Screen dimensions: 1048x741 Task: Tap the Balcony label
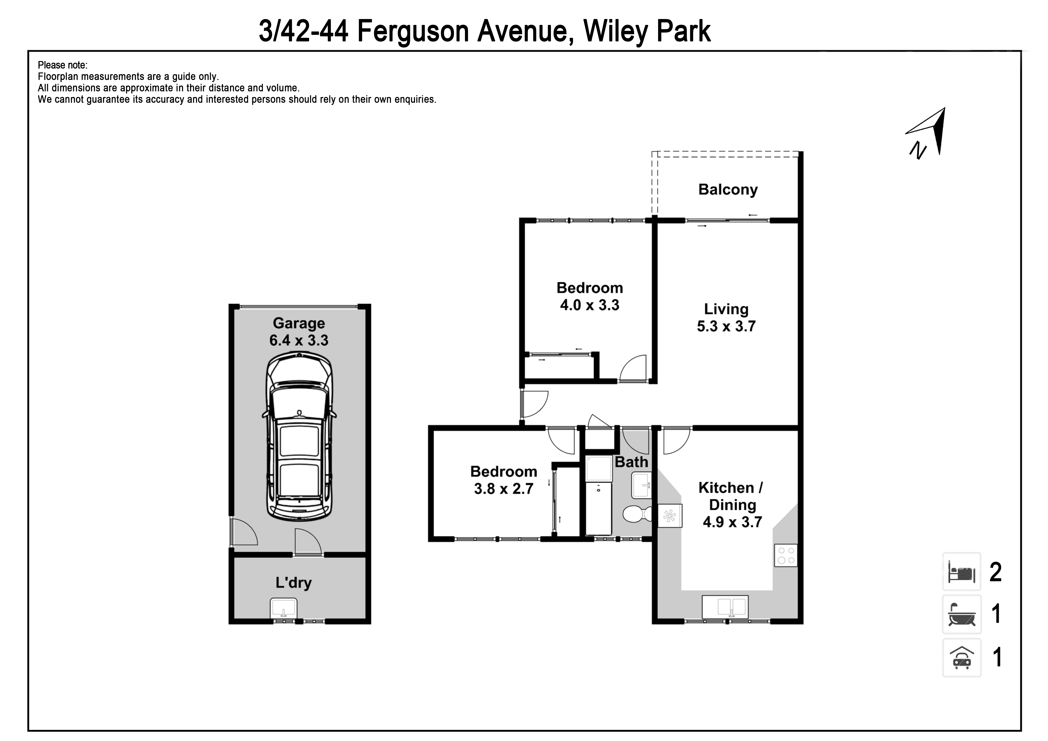coord(728,189)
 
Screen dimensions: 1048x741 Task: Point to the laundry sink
coord(284,608)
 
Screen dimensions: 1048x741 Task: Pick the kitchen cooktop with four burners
coord(786,556)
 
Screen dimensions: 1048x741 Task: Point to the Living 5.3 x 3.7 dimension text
coord(726,317)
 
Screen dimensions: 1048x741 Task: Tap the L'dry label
coord(293,583)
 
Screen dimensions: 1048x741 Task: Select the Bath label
coord(631,462)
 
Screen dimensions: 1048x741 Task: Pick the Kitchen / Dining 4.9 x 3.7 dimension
coord(732,505)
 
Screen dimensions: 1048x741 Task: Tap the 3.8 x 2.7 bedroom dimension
coord(503,489)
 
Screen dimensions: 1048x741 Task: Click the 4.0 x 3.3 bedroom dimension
coord(590,305)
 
